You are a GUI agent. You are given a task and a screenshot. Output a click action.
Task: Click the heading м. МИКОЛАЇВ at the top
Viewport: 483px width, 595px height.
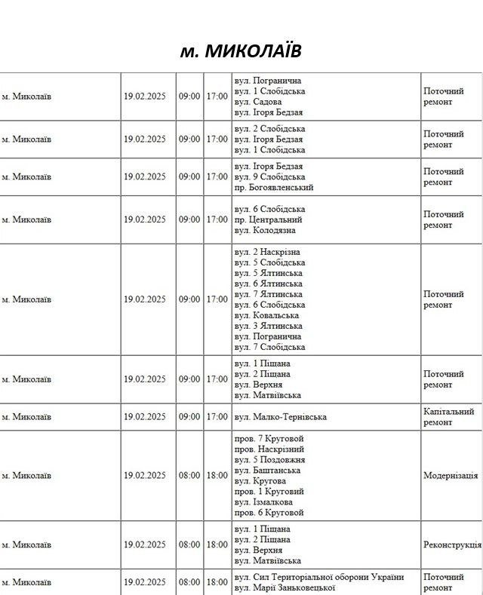coord(241,51)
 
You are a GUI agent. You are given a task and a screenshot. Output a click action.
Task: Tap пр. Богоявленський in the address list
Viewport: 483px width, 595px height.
coord(273,187)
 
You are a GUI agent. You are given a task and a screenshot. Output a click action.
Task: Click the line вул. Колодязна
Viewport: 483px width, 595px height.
coord(265,230)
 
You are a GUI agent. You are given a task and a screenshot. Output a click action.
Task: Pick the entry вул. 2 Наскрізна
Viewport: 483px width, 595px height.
coord(267,251)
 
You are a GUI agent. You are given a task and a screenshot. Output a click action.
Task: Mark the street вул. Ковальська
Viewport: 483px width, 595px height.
coord(266,315)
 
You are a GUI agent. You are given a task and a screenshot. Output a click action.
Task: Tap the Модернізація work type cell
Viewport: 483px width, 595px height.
coord(451,476)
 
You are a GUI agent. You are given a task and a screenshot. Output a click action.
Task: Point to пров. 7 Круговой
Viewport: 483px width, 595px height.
coord(269,438)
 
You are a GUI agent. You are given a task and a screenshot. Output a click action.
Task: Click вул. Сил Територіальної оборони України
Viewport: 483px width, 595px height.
coord(318,577)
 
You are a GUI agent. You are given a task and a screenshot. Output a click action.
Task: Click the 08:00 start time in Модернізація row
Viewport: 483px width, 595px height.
coord(189,476)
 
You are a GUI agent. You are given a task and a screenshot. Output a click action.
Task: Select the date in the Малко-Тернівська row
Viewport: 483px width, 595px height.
coord(145,416)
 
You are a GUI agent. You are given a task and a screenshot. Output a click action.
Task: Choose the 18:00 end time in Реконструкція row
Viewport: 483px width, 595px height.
coord(217,544)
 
